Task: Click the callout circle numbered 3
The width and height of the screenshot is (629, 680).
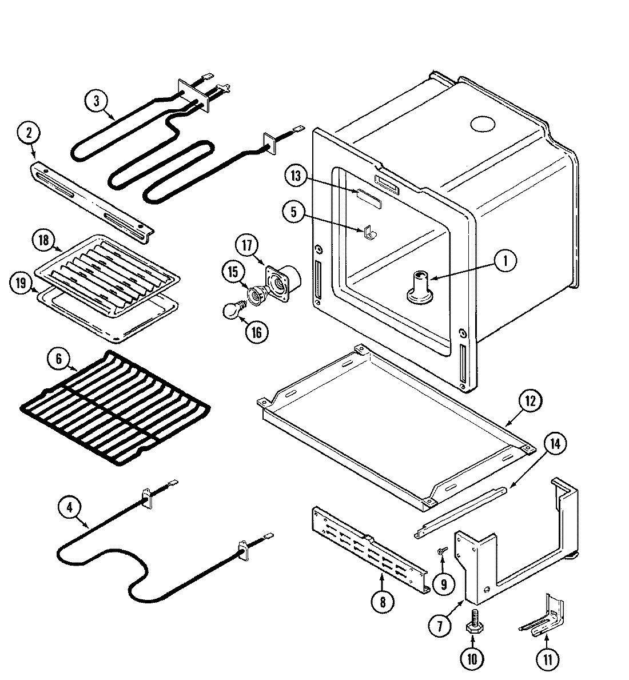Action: pyautogui.click(x=97, y=101)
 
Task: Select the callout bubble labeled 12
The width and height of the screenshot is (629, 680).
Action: pyautogui.click(x=530, y=401)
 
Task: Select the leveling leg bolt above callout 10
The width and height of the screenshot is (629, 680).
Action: pyautogui.click(x=473, y=618)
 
